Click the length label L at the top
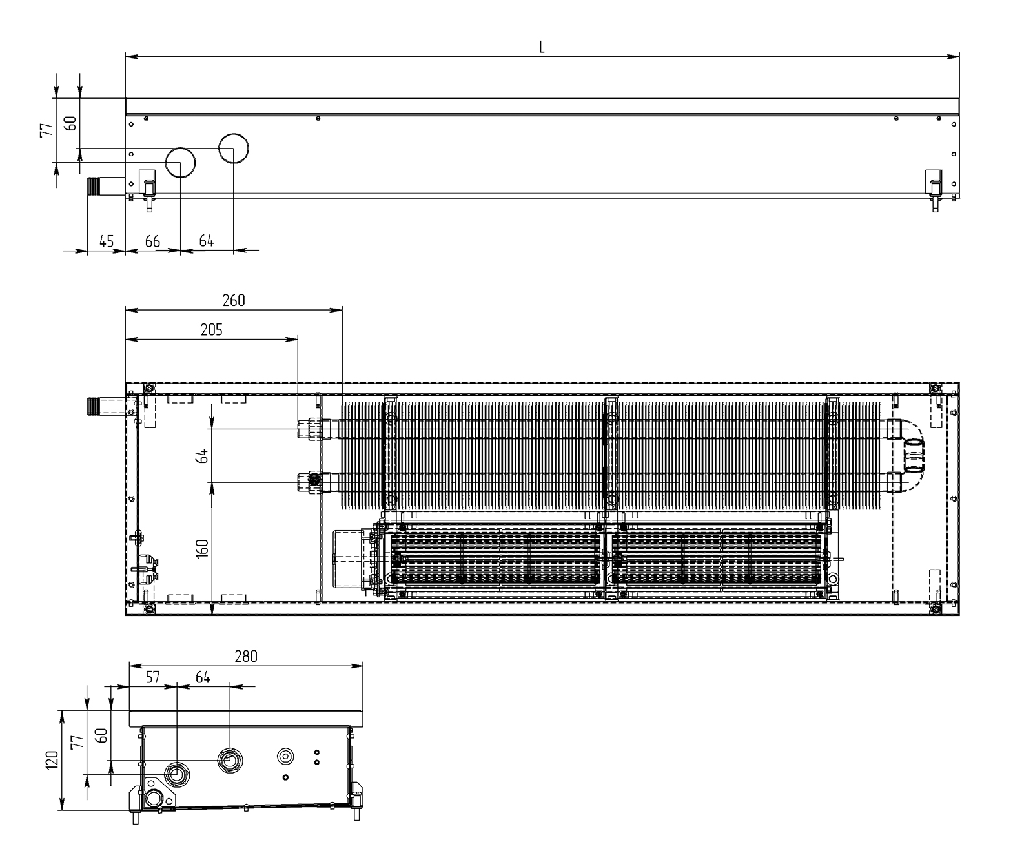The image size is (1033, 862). coord(542,46)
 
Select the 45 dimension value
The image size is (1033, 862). coord(107,241)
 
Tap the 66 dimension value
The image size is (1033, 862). coord(152,241)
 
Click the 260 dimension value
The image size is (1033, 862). coord(233,300)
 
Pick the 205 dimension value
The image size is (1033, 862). coord(211,330)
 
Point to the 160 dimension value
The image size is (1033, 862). coord(203,548)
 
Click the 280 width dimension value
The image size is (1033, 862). coord(246,656)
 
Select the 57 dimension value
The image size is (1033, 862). coord(152,677)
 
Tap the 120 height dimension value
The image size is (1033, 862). coord(53,759)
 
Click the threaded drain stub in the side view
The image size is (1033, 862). coord(95,187)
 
